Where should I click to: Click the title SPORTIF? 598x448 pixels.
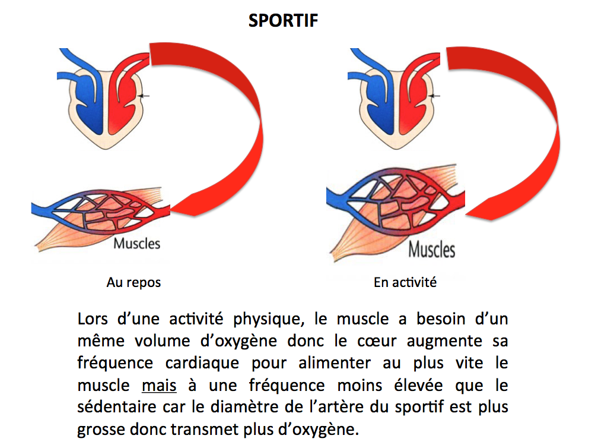tap(284, 21)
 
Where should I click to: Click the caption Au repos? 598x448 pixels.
tap(133, 283)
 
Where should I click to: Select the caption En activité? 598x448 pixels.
tap(405, 283)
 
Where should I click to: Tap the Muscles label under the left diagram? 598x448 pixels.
tap(136, 244)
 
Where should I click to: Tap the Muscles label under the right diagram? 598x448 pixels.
tap(431, 249)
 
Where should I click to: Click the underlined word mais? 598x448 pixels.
tap(159, 386)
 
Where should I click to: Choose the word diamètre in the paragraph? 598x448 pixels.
tap(288, 408)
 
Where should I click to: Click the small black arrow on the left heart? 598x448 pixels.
tap(145, 96)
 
